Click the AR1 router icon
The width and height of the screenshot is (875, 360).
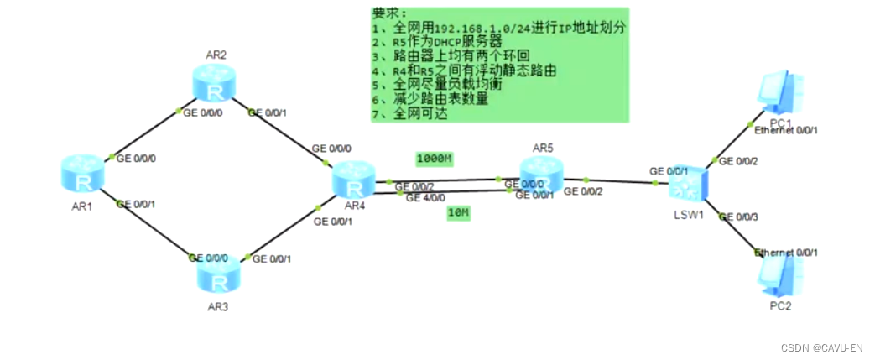click(x=82, y=173)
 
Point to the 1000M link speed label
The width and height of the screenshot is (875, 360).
click(x=435, y=159)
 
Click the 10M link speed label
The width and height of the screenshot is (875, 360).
click(x=458, y=213)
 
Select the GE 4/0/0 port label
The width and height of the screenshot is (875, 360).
click(x=426, y=198)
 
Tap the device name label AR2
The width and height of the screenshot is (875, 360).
click(x=216, y=55)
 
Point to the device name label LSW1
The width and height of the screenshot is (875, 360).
click(x=687, y=215)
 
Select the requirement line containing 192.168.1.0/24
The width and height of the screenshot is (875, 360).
click(x=499, y=28)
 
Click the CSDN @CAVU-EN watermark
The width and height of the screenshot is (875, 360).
click(x=821, y=347)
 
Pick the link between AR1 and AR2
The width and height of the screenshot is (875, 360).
click(x=144, y=133)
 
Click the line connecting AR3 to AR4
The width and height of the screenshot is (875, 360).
click(x=283, y=232)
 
